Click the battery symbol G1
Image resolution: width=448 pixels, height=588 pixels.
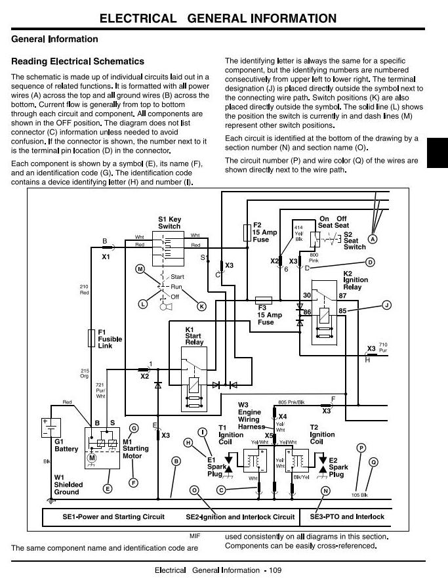click(x=51, y=427)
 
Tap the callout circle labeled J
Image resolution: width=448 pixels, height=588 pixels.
click(x=386, y=305)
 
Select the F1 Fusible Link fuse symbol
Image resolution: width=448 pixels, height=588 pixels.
click(x=91, y=338)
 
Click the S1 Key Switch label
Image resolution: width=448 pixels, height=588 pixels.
click(x=169, y=222)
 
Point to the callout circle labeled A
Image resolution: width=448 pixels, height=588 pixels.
click(x=373, y=239)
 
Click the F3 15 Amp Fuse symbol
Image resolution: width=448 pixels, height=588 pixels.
click(x=264, y=300)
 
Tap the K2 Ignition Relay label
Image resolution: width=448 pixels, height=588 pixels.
click(x=356, y=280)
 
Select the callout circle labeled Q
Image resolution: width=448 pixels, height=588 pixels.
click(x=373, y=462)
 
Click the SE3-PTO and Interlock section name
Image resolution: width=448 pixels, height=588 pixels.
click(x=347, y=516)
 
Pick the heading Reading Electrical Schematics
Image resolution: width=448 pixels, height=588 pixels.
click(x=77, y=61)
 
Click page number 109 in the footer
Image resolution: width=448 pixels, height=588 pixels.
click(x=275, y=570)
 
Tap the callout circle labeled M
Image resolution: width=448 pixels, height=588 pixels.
click(x=140, y=269)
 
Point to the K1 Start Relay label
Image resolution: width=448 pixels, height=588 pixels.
click(x=194, y=336)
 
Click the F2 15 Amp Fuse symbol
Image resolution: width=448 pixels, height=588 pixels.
click(x=247, y=233)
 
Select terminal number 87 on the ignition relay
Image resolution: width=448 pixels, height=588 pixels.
click(x=342, y=295)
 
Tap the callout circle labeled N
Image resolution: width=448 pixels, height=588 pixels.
click(x=325, y=491)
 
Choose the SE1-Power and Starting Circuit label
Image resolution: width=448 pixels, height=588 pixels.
click(x=113, y=516)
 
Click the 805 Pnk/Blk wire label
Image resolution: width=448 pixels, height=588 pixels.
click(x=291, y=402)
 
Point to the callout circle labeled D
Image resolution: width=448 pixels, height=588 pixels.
click(x=370, y=262)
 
